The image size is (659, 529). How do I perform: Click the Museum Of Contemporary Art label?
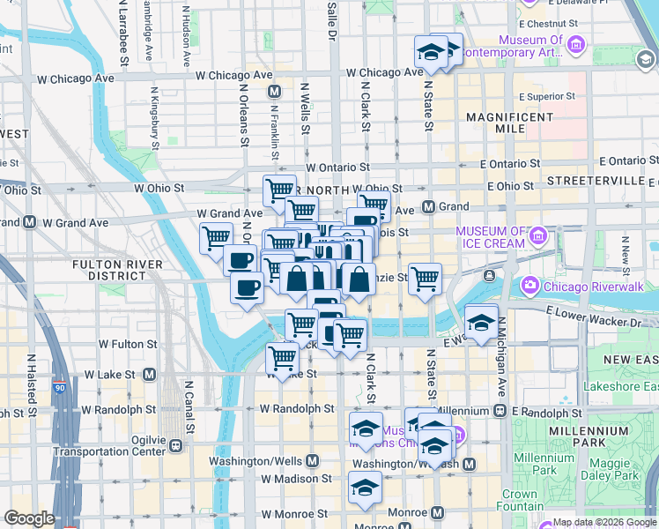click(x=530, y=47)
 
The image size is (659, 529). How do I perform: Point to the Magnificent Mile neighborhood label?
click(x=509, y=123)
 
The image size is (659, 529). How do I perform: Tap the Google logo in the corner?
click(x=29, y=518)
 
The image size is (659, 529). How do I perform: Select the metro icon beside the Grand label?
click(x=429, y=207)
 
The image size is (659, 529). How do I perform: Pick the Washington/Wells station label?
click(x=264, y=461)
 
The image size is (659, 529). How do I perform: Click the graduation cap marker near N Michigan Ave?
click(x=482, y=323)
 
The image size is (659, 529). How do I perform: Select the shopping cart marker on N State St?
click(x=425, y=279)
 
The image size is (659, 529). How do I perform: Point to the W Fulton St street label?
click(x=128, y=344)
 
